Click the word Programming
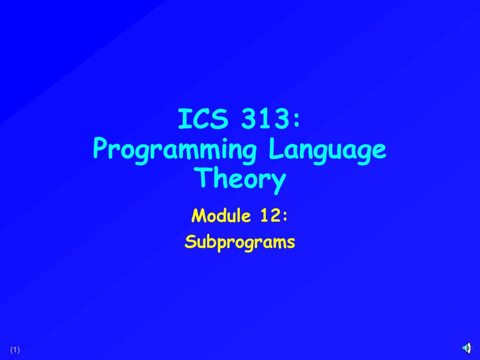click(x=175, y=151)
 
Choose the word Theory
click(x=240, y=180)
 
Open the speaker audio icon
click(x=467, y=348)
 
